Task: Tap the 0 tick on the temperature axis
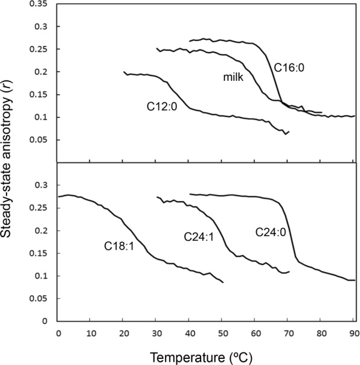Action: click(x=59, y=332)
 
